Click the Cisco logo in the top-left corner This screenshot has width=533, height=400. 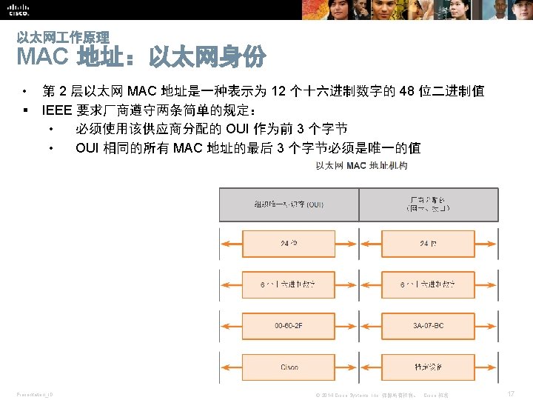[x=19, y=9]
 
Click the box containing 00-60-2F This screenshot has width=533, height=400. [x=289, y=324]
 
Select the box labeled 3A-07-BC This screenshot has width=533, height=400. [x=428, y=324]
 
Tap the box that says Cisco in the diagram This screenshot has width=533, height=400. [x=289, y=367]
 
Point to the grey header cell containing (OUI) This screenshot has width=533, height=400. [x=289, y=204]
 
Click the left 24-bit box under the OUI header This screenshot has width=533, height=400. [x=289, y=243]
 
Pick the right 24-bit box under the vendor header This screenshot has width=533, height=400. [x=428, y=243]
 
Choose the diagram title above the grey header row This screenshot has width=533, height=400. [x=361, y=165]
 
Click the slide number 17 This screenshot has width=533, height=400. [x=511, y=394]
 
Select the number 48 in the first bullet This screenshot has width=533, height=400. [x=407, y=92]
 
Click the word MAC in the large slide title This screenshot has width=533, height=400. [x=42, y=56]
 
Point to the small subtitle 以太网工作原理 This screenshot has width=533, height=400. [x=63, y=37]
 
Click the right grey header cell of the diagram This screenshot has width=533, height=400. [x=428, y=204]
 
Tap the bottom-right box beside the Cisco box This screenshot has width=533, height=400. [x=428, y=367]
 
